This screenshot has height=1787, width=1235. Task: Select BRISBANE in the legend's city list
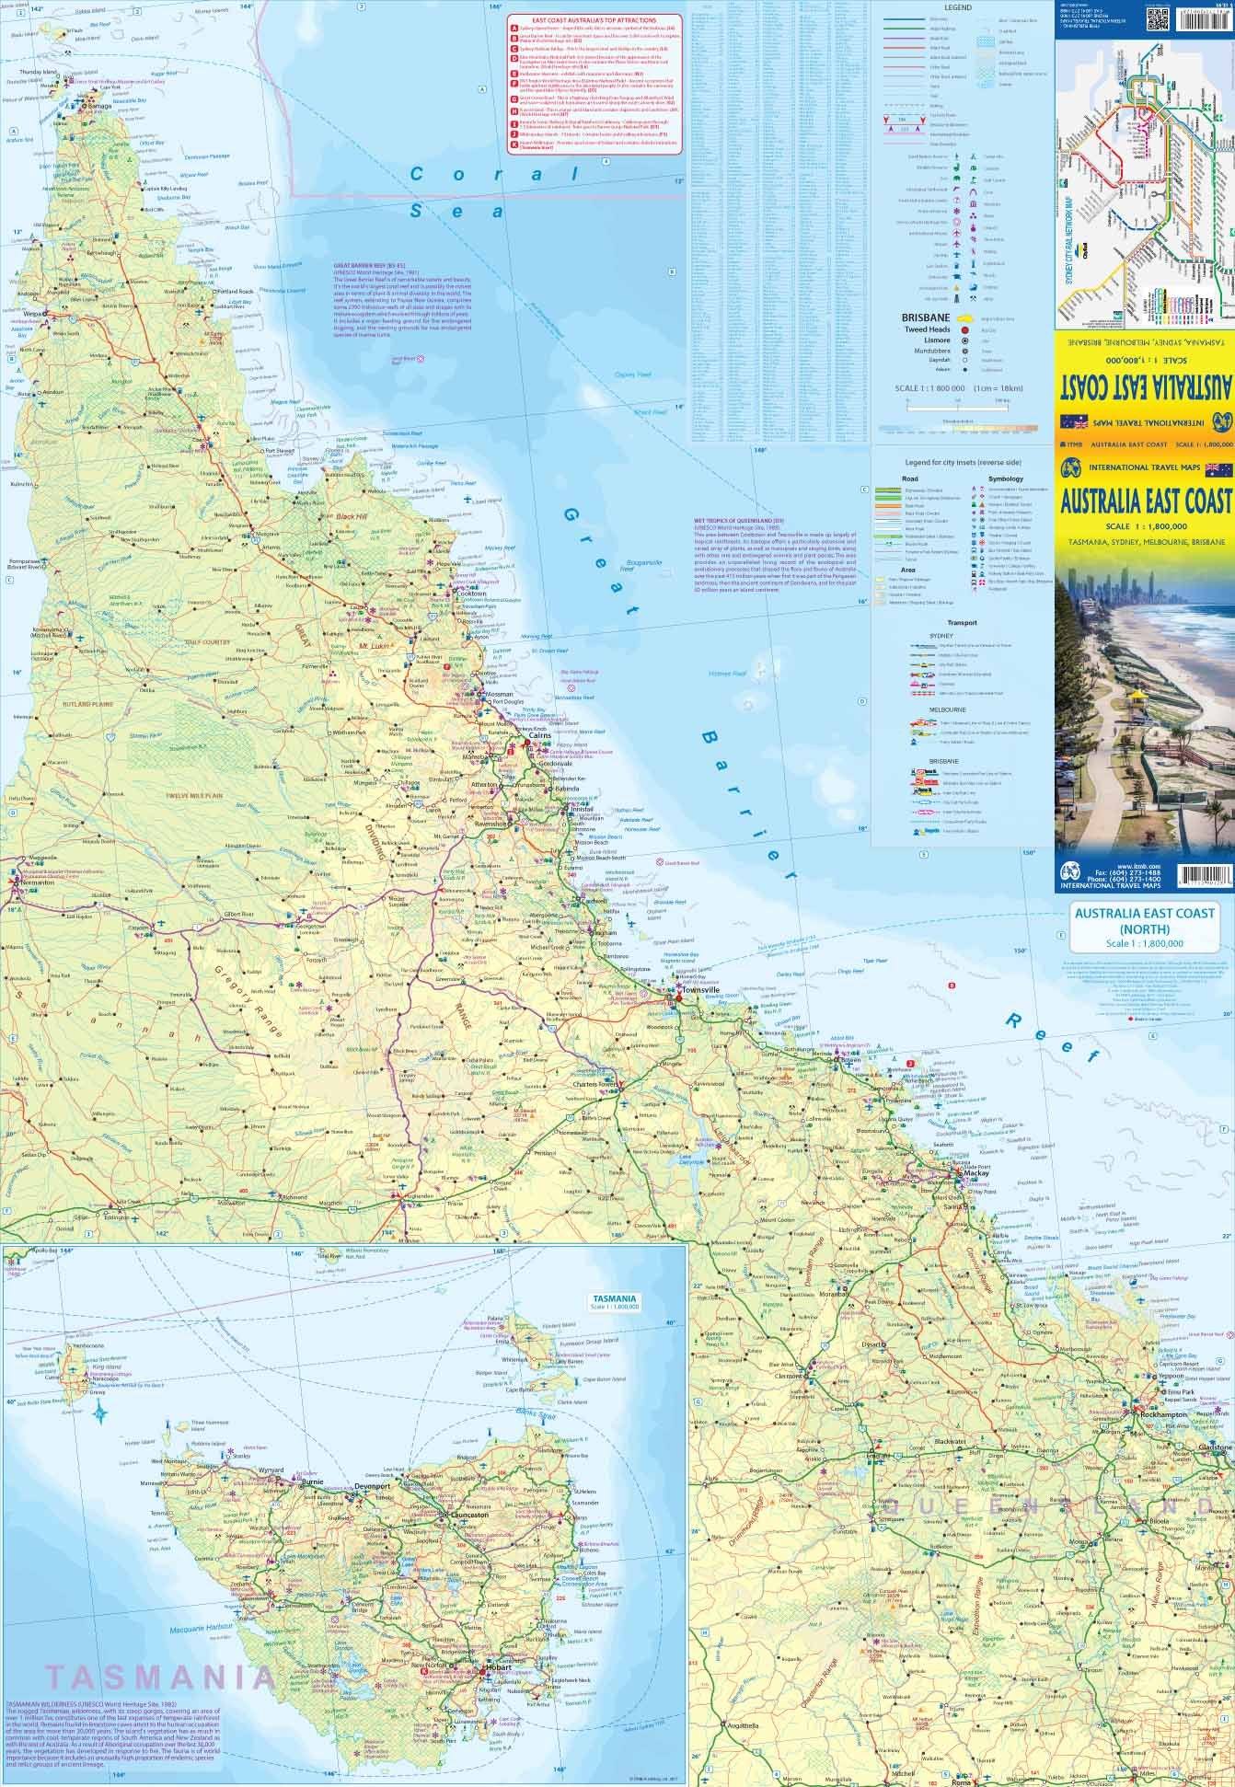[923, 316]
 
